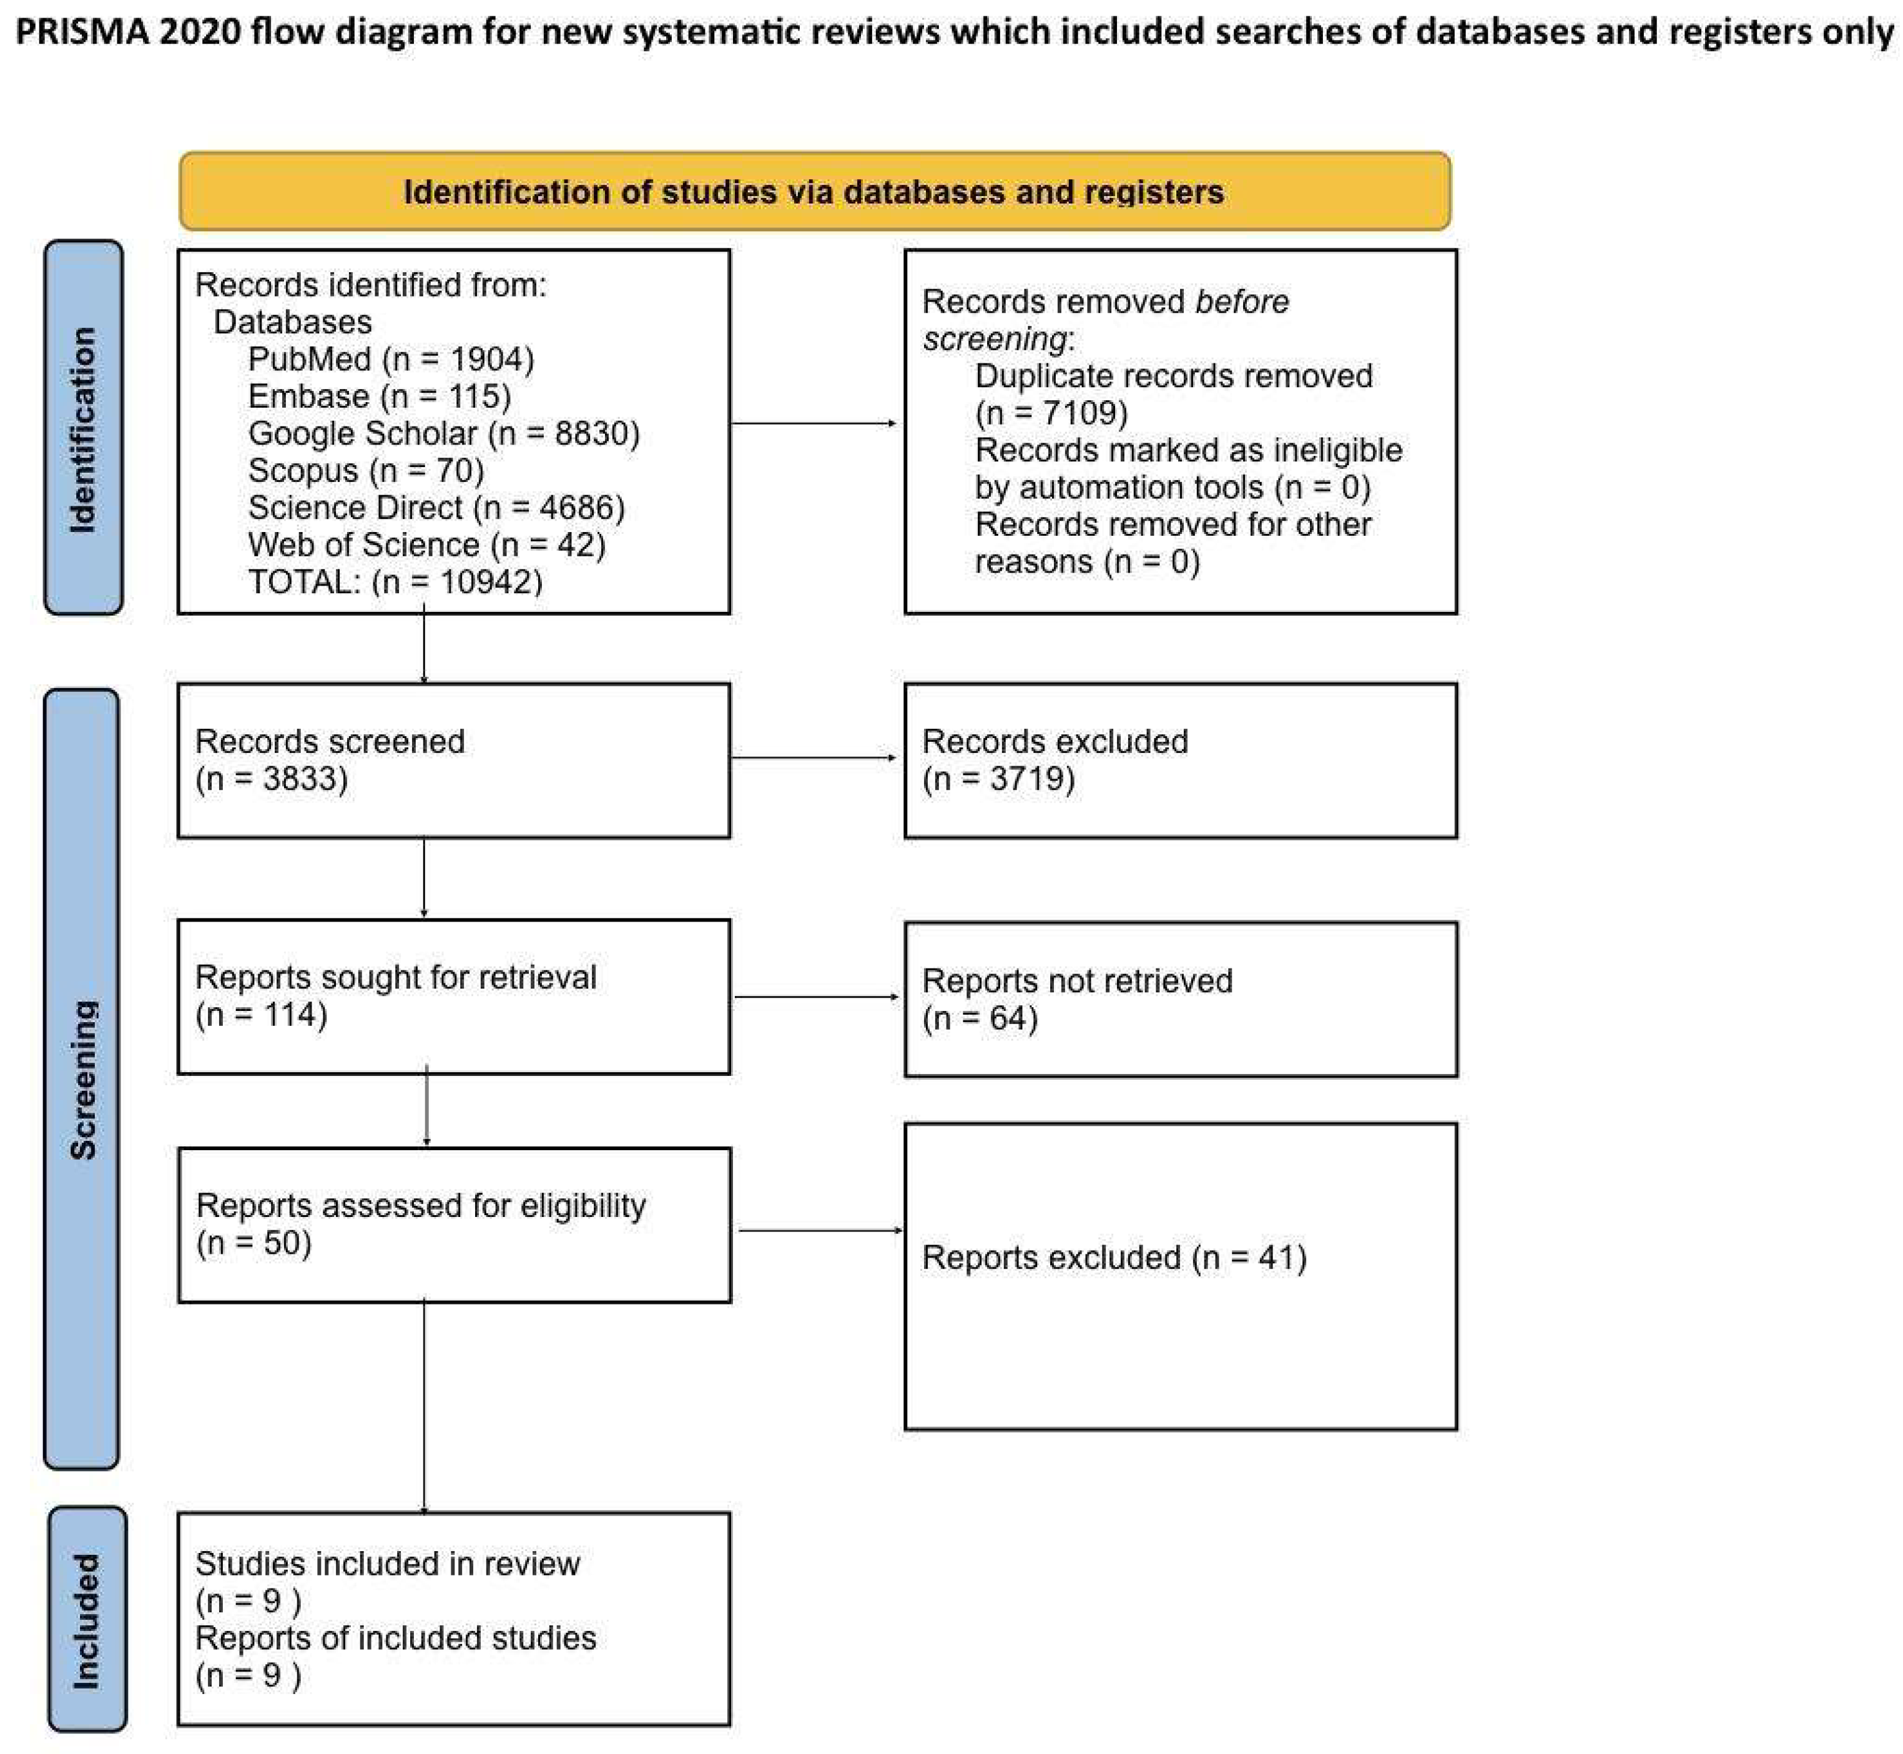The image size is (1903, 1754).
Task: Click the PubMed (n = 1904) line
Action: (x=390, y=359)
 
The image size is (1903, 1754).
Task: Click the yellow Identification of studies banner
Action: (x=814, y=191)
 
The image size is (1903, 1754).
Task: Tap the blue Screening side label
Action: (x=82, y=1078)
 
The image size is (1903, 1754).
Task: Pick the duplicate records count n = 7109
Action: (x=1051, y=413)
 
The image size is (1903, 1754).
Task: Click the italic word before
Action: (x=1241, y=302)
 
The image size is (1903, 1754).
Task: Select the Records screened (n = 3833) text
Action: (x=330, y=759)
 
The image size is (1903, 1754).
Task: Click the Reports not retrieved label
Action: (x=1076, y=980)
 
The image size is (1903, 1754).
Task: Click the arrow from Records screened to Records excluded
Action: (x=814, y=757)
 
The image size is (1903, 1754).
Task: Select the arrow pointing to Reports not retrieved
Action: (x=815, y=997)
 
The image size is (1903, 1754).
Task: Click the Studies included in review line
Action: (x=386, y=1563)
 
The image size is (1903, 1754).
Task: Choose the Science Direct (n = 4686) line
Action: (x=436, y=507)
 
